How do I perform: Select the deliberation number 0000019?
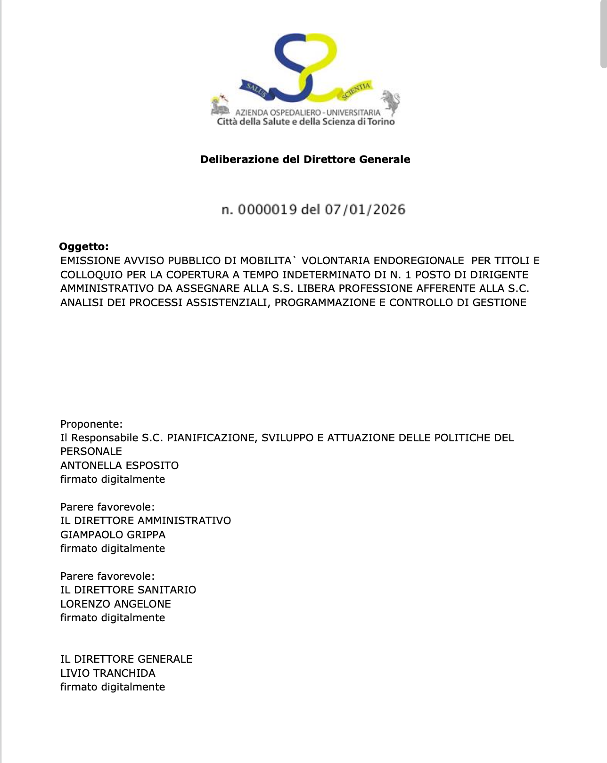point(267,210)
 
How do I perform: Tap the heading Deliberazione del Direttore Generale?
point(305,159)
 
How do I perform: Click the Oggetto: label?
point(84,246)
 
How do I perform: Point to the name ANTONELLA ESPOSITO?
point(119,465)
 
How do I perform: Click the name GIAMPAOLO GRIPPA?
point(113,535)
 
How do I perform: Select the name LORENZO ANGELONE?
point(115,604)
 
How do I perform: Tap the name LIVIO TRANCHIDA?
point(107,673)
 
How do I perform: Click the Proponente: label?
point(91,424)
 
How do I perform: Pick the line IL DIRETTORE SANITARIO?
point(128,590)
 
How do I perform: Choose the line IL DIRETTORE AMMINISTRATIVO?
point(146,520)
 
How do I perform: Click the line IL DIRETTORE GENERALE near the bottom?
point(126,659)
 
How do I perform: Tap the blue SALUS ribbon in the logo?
point(255,89)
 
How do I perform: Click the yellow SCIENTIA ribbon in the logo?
point(356,90)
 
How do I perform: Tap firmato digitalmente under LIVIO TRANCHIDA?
point(113,687)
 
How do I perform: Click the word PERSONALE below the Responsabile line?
point(91,451)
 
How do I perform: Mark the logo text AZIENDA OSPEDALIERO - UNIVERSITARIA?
point(307,113)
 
